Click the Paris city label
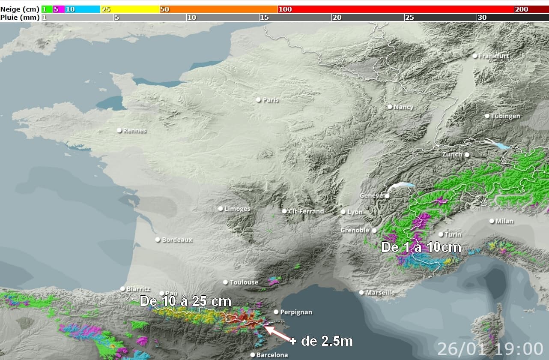click(x=271, y=100)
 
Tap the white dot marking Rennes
click(x=119, y=130)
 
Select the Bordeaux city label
click(x=177, y=240)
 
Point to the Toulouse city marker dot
click(x=226, y=282)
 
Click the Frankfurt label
click(x=494, y=56)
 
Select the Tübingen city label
click(x=505, y=116)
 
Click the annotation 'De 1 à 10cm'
click(x=421, y=248)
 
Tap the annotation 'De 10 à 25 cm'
click(x=185, y=301)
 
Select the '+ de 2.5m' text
click(x=321, y=342)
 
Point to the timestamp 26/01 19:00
click(x=490, y=349)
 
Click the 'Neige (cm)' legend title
click(x=20, y=9)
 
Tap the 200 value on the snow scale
click(x=521, y=9)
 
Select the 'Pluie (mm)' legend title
click(x=20, y=17)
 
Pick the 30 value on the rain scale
click(x=482, y=17)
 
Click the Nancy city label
click(x=403, y=107)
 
